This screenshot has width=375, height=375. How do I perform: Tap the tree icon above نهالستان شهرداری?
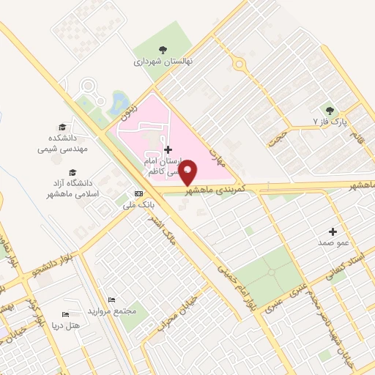(x=162, y=50)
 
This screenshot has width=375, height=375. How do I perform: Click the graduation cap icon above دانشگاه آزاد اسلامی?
(x=72, y=172)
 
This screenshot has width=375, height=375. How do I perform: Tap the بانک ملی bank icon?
(x=138, y=193)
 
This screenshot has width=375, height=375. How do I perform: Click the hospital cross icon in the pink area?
(x=168, y=149)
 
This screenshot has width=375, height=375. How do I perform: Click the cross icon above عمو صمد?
(x=335, y=231)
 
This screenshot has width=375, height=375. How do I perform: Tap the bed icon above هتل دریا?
(x=65, y=314)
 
